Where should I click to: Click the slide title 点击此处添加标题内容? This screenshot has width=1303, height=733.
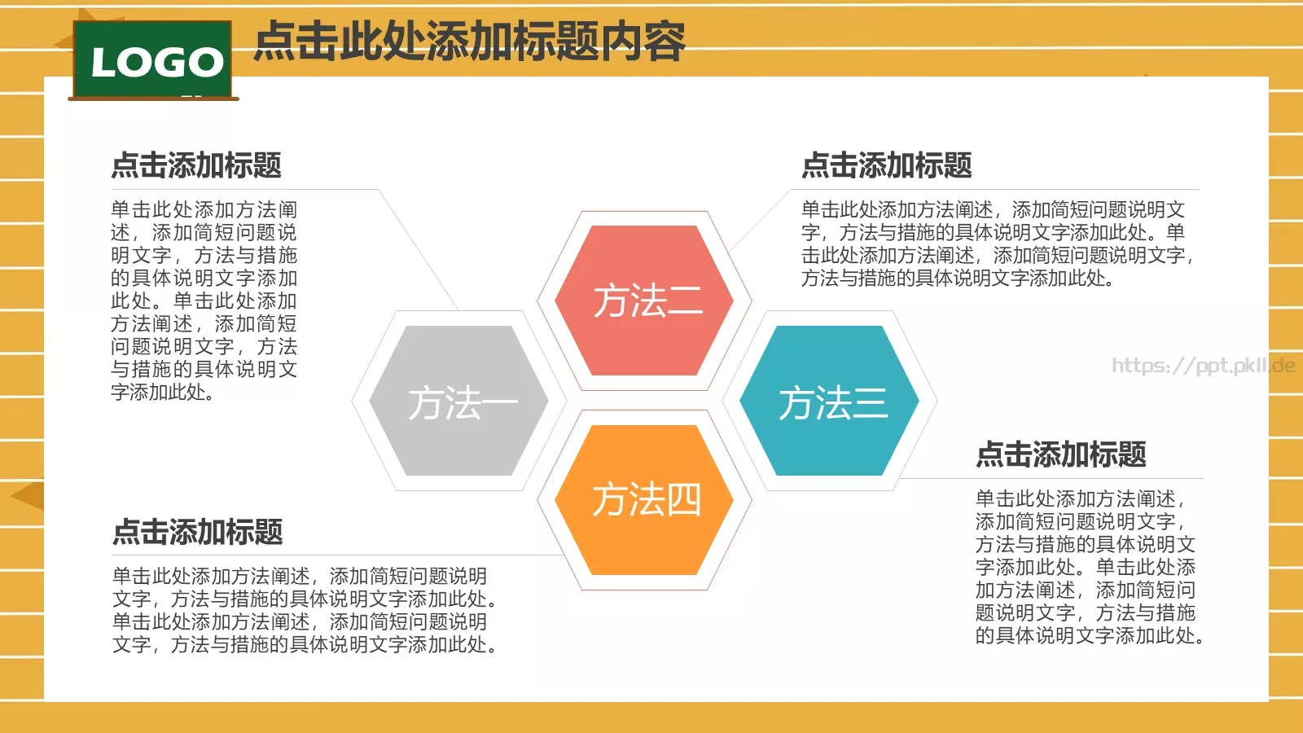click(470, 42)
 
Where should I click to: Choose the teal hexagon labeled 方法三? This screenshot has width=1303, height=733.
click(829, 358)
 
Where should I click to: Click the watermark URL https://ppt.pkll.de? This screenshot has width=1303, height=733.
click(1203, 366)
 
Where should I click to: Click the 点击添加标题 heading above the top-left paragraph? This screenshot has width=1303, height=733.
click(196, 165)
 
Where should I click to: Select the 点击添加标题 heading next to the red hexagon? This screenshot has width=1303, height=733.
click(887, 165)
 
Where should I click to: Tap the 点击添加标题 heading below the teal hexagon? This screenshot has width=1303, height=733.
click(1061, 454)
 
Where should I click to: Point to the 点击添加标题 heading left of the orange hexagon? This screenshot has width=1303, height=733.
click(198, 532)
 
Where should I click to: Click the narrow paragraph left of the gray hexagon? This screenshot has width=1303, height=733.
click(204, 301)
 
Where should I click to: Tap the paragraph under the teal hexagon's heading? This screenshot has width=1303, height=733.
click(1089, 567)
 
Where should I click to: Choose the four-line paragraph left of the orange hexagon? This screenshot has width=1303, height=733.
click(305, 610)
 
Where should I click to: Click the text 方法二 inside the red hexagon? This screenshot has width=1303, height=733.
click(647, 301)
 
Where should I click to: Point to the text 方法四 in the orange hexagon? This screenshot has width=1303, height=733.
click(646, 499)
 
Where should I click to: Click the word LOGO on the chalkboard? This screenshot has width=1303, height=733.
click(157, 63)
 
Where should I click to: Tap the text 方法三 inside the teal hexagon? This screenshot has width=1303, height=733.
click(832, 403)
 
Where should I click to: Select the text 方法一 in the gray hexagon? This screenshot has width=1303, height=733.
click(462, 403)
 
